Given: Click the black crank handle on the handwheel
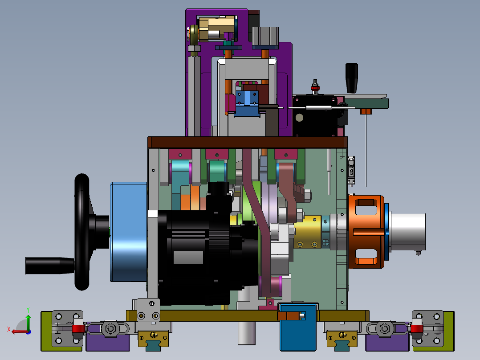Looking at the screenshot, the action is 49,266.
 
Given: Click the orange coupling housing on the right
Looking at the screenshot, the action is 366,232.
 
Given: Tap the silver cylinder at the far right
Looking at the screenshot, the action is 408,232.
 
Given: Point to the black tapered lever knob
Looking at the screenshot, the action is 352,78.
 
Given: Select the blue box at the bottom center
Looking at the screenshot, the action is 298,327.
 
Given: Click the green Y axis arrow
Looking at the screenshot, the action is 28,319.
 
